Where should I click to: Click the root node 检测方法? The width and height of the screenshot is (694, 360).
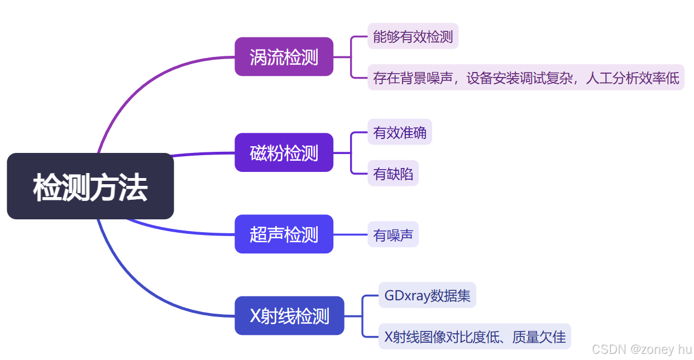point(90,186)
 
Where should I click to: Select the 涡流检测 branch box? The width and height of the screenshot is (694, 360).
point(284,56)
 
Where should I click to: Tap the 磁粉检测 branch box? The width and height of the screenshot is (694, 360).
point(284,152)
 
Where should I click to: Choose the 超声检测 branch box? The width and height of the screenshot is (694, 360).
point(284,234)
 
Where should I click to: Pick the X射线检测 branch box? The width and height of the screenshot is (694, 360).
point(289,316)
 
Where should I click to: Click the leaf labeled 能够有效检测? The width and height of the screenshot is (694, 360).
point(413,36)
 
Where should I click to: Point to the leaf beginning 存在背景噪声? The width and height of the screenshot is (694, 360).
point(525,78)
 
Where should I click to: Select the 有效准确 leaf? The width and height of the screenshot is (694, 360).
point(399,132)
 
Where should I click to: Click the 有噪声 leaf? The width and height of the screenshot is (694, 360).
point(393,234)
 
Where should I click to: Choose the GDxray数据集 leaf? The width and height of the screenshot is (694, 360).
point(427,295)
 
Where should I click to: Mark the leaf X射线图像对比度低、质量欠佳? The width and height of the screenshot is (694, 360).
point(475,337)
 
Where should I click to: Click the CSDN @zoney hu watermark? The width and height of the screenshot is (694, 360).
point(642,349)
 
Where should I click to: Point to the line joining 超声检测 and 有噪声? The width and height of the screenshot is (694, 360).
point(350,234)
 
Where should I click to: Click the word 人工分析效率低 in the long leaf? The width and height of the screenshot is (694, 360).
point(632,78)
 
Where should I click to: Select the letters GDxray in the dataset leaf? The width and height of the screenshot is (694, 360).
point(404,295)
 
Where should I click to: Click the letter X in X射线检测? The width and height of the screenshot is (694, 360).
point(256,316)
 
